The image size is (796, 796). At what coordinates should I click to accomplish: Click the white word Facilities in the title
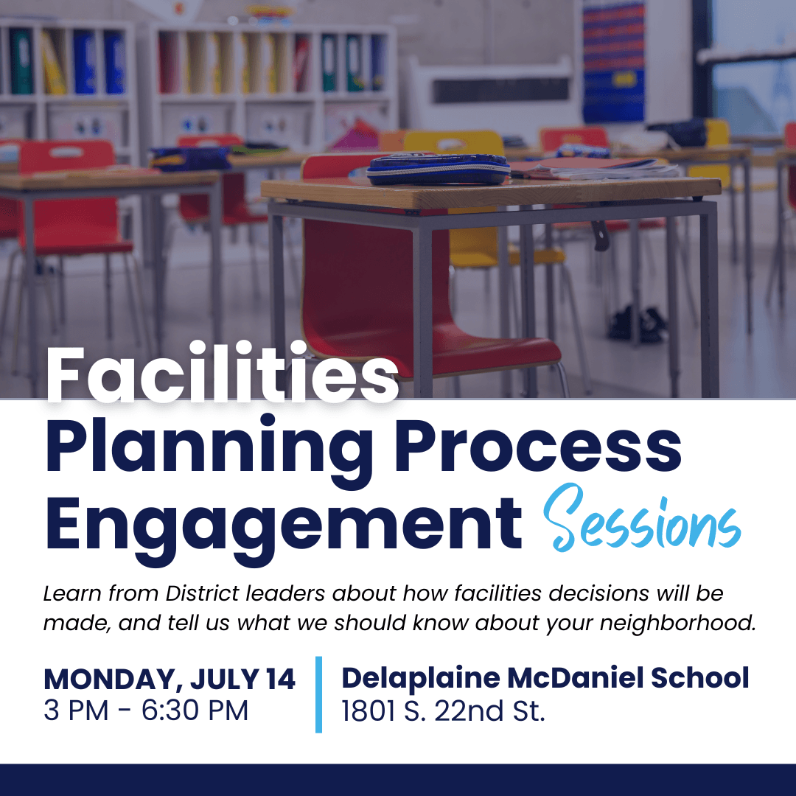point(223,372)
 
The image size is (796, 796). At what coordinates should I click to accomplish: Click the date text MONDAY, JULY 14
point(169,679)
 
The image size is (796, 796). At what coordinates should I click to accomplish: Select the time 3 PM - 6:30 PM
point(146,711)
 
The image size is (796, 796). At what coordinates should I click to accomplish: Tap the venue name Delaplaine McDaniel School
point(545,677)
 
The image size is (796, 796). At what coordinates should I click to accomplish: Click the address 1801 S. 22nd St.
point(443,711)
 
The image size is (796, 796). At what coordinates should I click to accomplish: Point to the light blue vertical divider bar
point(319,694)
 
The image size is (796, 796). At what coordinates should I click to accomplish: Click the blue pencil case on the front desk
point(438,169)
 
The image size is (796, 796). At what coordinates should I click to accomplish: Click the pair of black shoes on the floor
point(638,324)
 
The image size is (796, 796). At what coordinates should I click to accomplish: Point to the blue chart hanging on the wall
point(613,61)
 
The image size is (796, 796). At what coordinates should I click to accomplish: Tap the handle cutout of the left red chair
point(66,153)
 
